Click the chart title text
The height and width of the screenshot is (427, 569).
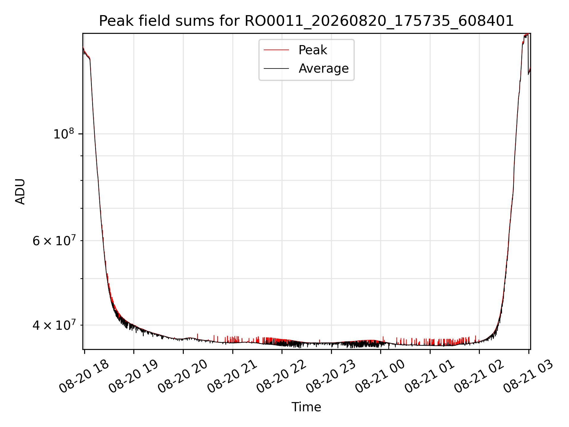tap(306, 21)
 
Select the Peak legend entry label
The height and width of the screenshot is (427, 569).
tap(313, 50)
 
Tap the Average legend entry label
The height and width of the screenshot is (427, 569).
tap(324, 68)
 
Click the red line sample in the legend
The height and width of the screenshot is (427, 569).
tap(276, 50)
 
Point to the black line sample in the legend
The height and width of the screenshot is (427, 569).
tap(276, 68)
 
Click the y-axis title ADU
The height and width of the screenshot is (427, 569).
tap(20, 192)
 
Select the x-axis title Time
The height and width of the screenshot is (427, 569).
tap(306, 407)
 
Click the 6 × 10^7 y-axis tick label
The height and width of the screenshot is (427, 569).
tap(54, 240)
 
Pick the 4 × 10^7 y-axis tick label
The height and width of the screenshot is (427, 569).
tap(54, 325)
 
